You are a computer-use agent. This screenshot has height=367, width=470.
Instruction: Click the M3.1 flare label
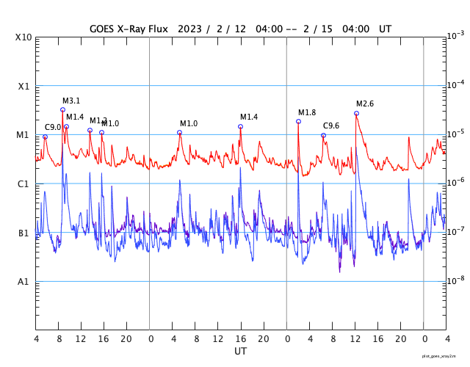[71, 101]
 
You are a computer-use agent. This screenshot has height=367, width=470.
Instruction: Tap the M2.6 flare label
[365, 104]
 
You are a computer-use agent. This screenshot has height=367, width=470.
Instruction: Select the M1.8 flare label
[307, 112]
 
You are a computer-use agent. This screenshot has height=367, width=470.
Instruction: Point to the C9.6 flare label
[331, 126]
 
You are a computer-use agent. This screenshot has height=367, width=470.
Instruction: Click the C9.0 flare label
[53, 128]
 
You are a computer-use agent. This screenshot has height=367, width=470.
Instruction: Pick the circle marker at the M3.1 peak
[62, 110]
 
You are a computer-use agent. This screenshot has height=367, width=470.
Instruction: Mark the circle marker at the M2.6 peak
[356, 113]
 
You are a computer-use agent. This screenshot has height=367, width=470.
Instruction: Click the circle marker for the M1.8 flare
[298, 121]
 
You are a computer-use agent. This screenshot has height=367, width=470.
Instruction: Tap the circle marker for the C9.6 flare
[323, 135]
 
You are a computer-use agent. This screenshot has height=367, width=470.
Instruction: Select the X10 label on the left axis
[24, 37]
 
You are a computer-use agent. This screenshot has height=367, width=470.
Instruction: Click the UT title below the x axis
[241, 352]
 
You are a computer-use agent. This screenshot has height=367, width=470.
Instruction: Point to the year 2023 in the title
[191, 29]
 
